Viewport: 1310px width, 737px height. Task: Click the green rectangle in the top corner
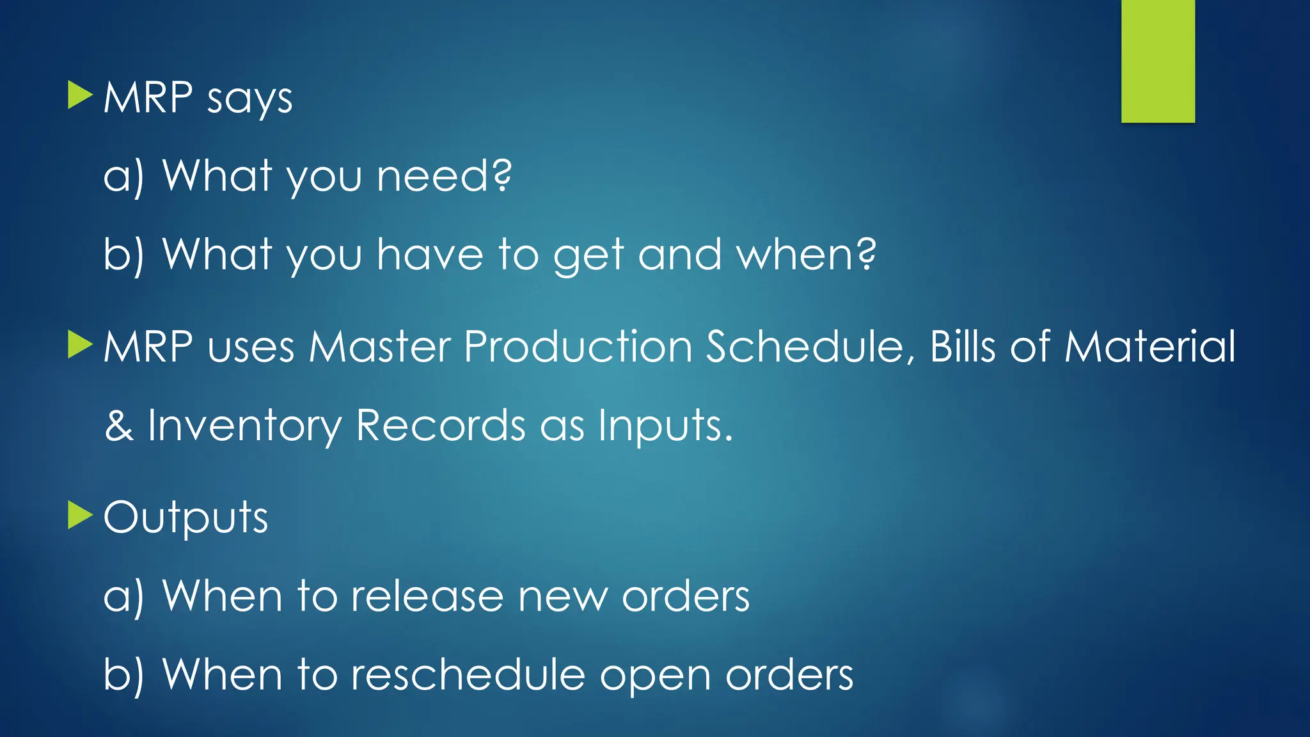click(1158, 61)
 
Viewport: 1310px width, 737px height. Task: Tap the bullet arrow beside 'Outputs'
click(79, 515)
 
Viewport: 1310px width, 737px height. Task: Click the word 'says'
click(249, 99)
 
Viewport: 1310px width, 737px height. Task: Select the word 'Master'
click(380, 347)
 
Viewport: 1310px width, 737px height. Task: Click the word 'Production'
click(578, 347)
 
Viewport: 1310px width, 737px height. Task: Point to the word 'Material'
click(1149, 347)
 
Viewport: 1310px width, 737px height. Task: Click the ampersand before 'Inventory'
click(119, 425)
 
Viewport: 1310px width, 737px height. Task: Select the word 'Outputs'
click(185, 518)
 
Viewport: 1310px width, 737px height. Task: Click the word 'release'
click(427, 596)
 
